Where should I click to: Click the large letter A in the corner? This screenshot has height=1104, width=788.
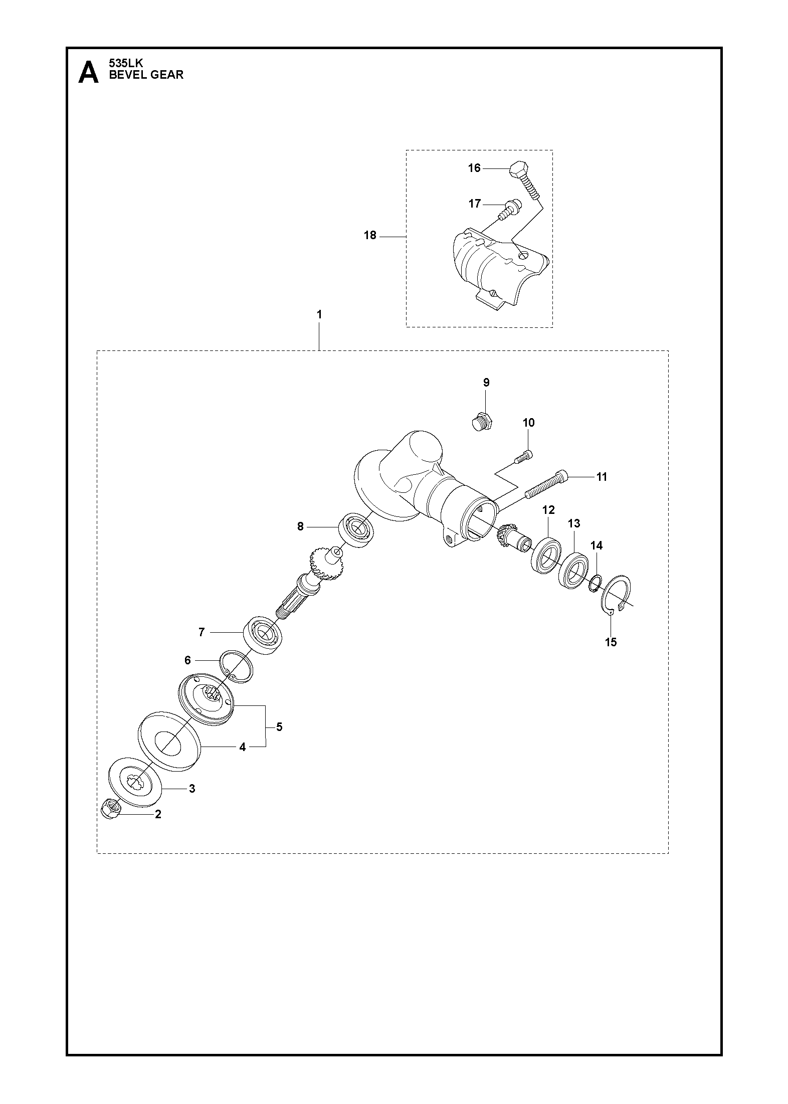tap(89, 72)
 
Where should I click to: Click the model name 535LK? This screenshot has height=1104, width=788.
tap(126, 64)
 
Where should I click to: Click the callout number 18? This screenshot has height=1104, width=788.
tap(370, 235)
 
